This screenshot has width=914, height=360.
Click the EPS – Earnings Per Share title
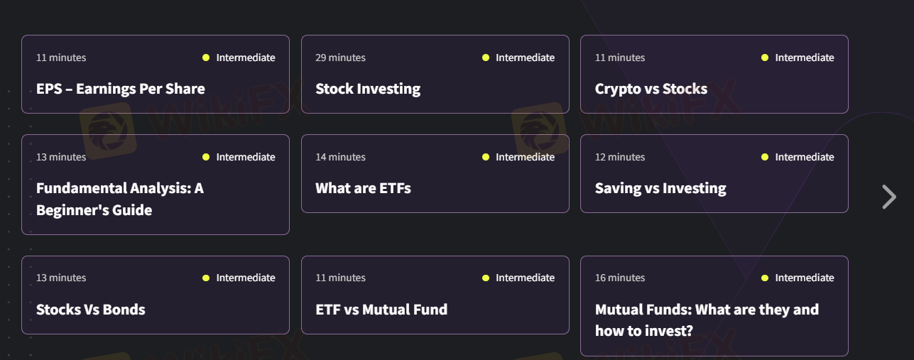(x=120, y=89)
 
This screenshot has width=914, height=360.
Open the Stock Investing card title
(x=368, y=89)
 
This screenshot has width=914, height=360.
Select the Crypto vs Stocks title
(x=651, y=89)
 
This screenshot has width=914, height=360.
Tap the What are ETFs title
(x=363, y=188)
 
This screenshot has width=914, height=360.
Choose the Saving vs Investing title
(x=660, y=188)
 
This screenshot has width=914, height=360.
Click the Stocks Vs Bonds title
(x=91, y=310)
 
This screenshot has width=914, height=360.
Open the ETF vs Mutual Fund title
(x=381, y=310)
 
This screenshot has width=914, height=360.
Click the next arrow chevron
(x=888, y=197)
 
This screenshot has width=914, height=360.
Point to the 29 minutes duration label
(x=340, y=58)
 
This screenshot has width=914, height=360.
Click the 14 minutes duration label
(x=340, y=157)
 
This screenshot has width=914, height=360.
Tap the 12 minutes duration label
(x=620, y=157)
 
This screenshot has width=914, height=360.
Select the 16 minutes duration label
(x=620, y=278)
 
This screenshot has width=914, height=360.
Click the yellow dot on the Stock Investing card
(x=486, y=58)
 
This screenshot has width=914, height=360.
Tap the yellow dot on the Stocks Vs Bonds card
(x=206, y=278)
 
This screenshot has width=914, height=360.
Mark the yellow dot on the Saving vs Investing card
(x=765, y=157)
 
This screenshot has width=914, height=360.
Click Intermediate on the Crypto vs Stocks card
(x=804, y=58)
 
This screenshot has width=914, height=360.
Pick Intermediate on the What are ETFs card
(x=525, y=157)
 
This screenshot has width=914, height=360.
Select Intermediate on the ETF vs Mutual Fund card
(x=525, y=278)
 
